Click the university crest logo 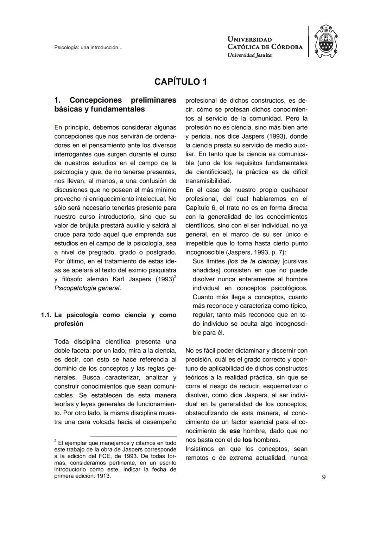tap(325, 41)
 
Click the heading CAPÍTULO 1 tap(181, 82)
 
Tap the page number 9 tap(323, 477)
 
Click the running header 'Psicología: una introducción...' tap(88, 47)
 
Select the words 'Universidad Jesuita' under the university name tap(249, 55)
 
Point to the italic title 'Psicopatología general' tap(87, 288)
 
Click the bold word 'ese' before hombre tap(234, 431)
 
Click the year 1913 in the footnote tap(103, 476)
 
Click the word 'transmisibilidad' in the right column tap(208, 181)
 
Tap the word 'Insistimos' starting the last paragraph tap(202, 449)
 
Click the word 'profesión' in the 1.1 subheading tap(69, 324)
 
